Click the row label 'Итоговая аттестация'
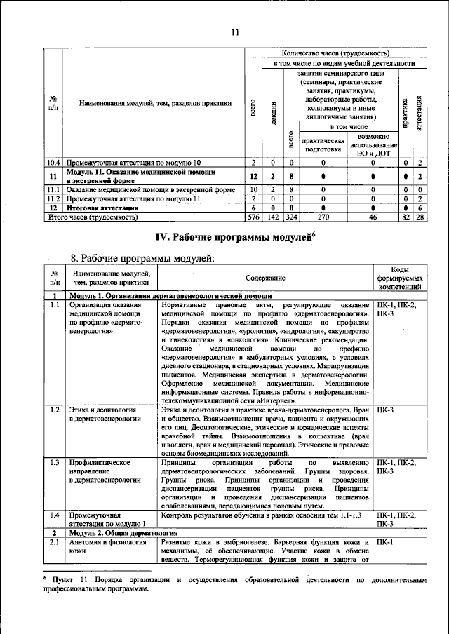point(98,208)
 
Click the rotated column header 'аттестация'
point(419,112)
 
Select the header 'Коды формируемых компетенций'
point(400,278)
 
